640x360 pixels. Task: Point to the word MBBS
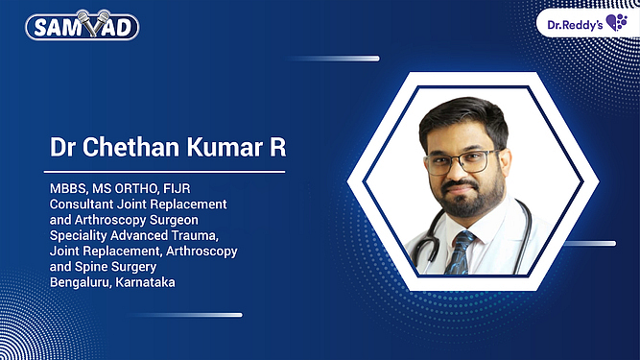pos(67,189)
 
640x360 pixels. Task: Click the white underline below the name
pos(167,173)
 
